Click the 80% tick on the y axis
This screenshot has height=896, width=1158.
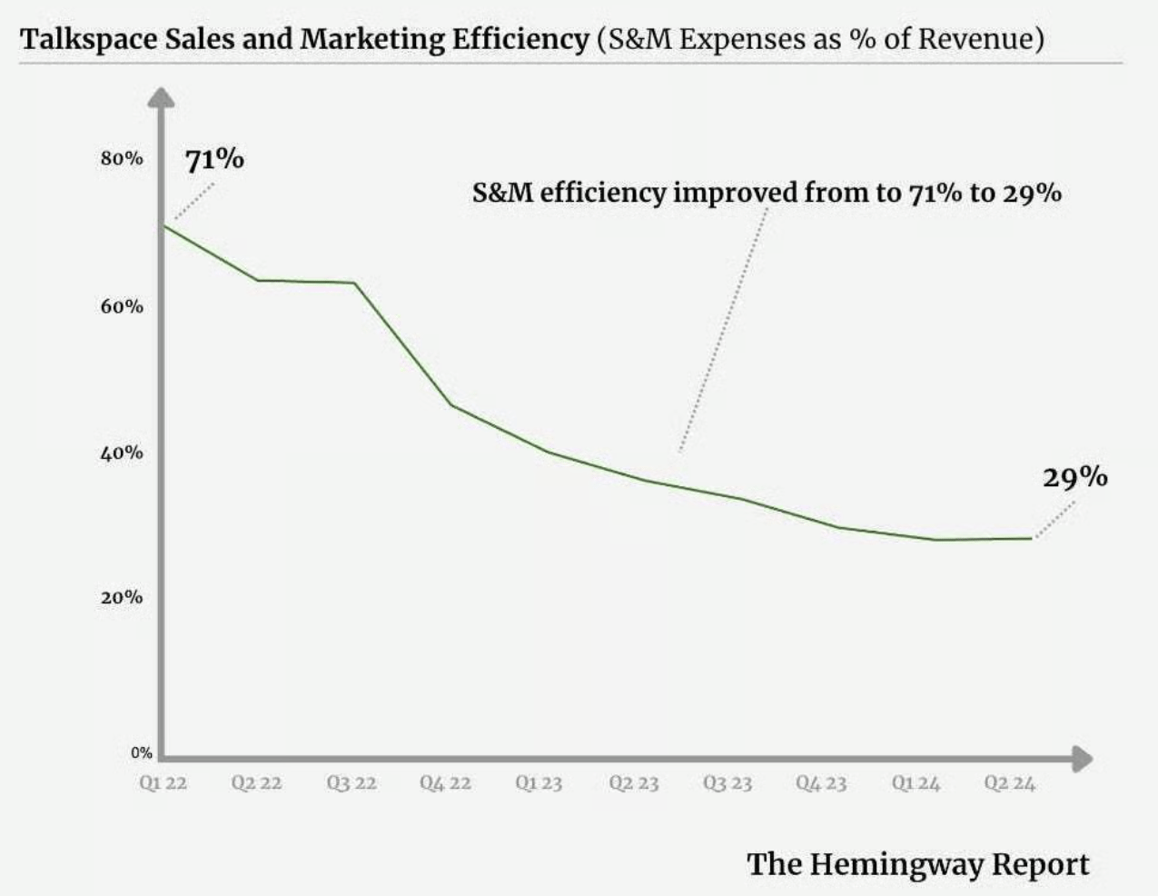(122, 158)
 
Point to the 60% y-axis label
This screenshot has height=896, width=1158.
(122, 306)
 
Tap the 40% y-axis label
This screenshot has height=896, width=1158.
(122, 453)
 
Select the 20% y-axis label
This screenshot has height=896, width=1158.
(122, 597)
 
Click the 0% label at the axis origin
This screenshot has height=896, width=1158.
(141, 752)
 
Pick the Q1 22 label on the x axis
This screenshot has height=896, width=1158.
(163, 783)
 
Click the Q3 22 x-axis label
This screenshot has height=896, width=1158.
(351, 783)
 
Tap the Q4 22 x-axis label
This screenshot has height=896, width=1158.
(445, 783)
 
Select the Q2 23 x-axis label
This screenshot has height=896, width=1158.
(633, 783)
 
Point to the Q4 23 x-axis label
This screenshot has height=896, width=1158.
(821, 783)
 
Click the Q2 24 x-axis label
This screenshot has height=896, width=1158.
(1009, 783)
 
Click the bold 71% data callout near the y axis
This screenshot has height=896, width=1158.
(214, 160)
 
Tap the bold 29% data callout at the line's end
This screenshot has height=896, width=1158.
(1074, 477)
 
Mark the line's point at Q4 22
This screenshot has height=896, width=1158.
(451, 404)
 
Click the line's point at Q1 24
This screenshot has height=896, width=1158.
(935, 540)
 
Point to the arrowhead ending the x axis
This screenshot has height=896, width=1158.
(1082, 759)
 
